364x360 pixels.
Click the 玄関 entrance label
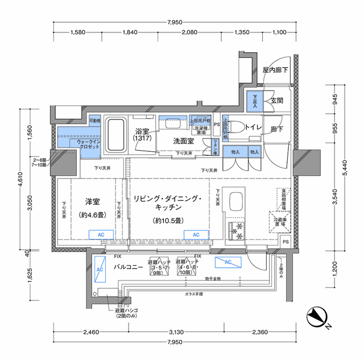click(277, 100)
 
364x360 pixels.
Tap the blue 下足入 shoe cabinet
click(255, 101)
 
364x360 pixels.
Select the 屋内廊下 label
click(275, 71)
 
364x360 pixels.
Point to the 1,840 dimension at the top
click(130, 32)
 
